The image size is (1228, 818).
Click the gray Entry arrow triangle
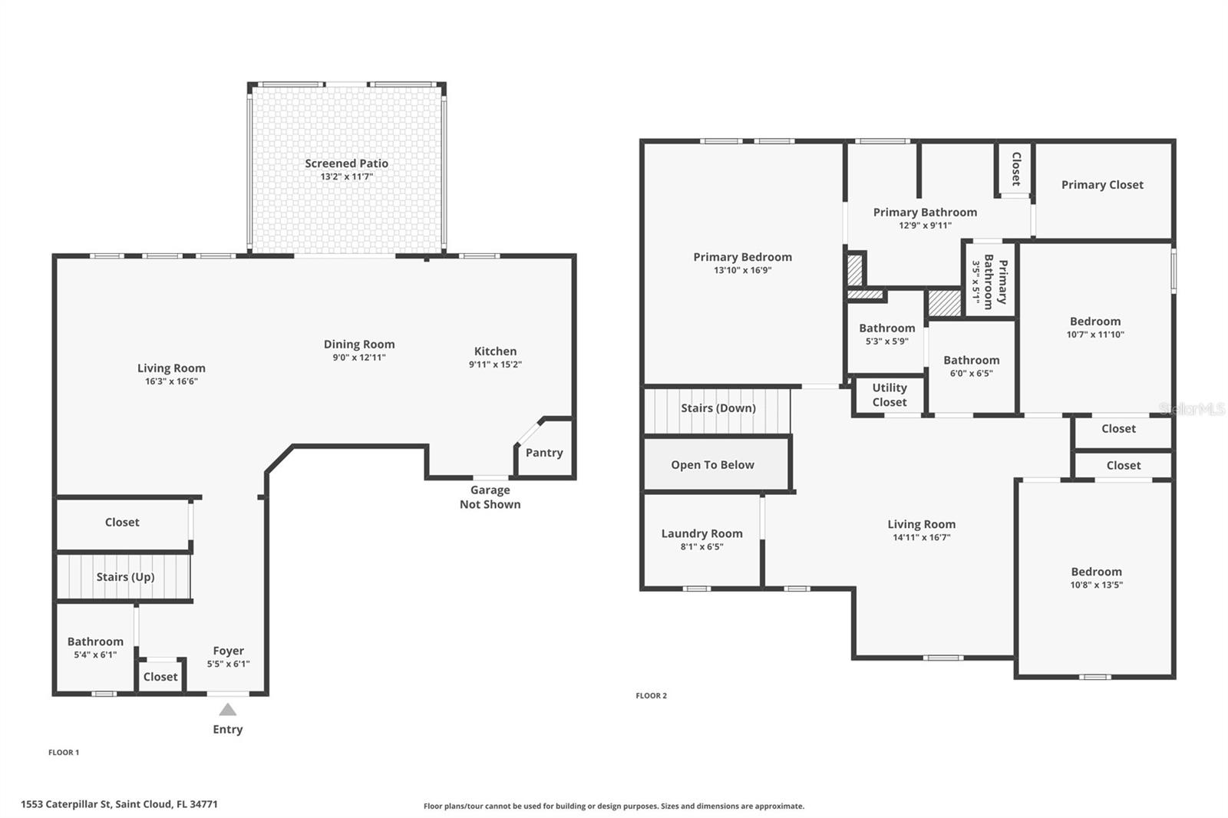[227, 710]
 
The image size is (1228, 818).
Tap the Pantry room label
[544, 453]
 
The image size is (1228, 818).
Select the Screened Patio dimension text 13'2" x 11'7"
[346, 176]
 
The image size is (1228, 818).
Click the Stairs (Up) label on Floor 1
[125, 577]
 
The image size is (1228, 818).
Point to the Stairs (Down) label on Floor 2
[718, 408]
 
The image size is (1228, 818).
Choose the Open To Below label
[713, 465]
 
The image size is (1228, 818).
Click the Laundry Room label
[701, 533]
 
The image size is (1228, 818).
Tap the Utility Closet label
[890, 394]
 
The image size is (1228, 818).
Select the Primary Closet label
[1102, 185]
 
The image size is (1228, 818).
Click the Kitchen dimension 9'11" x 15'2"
[495, 364]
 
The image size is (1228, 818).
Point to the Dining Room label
[359, 345]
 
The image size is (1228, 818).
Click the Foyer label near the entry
[228, 651]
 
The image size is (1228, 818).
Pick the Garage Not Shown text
[490, 497]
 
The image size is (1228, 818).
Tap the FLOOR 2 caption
[652, 696]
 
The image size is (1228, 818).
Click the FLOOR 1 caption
[64, 752]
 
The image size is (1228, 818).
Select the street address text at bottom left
[119, 804]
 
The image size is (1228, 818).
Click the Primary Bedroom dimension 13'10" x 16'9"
[742, 270]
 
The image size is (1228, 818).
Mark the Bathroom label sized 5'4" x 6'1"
[95, 642]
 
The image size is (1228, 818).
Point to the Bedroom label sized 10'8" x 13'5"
[1097, 572]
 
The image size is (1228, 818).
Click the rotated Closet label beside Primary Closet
[1016, 169]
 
